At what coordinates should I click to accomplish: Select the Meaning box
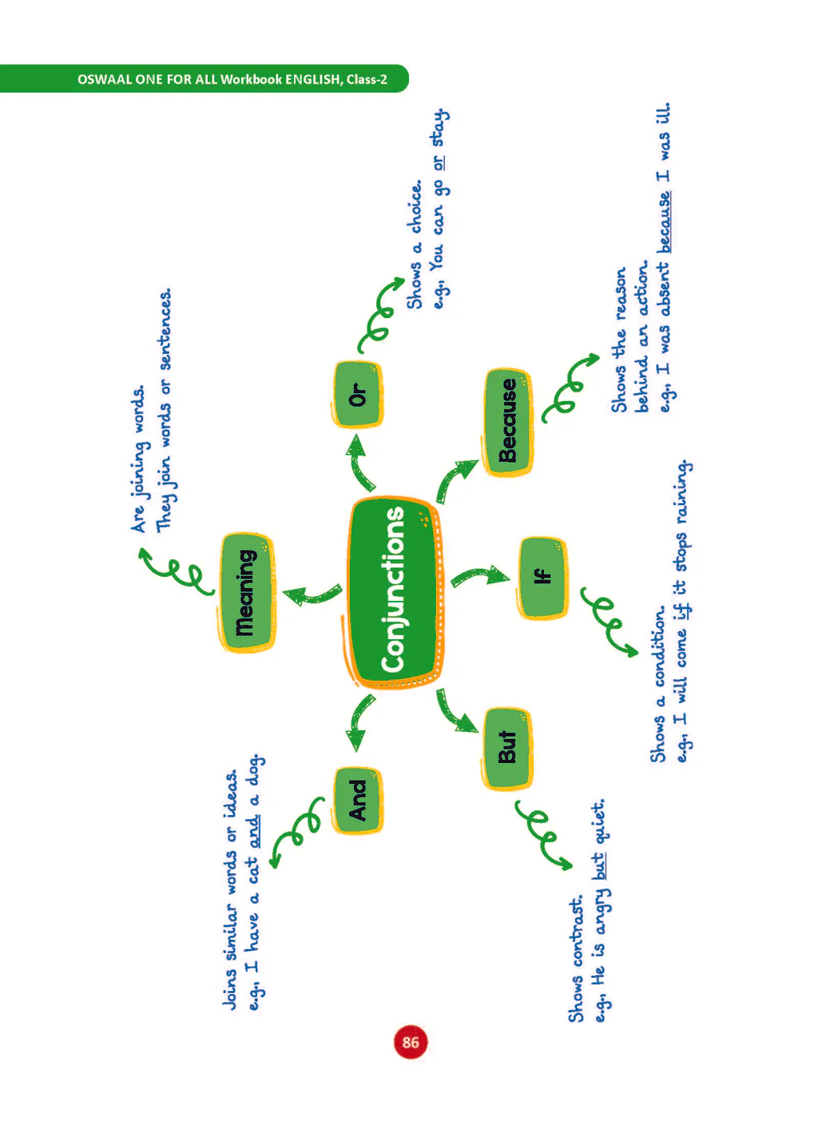246,593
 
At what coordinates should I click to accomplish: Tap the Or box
356,395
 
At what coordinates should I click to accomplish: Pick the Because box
507,422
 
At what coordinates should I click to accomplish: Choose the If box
542,577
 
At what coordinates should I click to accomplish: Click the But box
507,747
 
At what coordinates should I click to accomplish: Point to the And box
357,801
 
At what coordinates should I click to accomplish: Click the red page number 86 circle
411,1042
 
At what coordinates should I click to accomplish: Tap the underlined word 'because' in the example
664,222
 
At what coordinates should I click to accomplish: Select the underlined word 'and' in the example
254,831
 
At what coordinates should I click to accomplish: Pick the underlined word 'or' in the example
439,162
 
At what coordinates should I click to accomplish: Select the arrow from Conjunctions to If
479,575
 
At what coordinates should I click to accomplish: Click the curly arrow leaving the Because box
569,388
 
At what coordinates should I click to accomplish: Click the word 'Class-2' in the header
367,79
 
